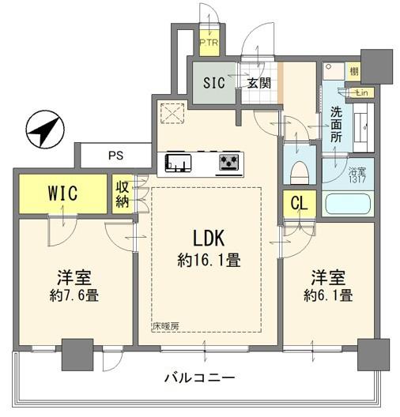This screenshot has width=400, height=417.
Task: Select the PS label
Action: pyautogui.click(x=115, y=156)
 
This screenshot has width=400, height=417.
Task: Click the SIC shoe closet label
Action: pyautogui.click(x=213, y=83)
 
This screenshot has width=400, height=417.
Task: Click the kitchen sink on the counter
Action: pyautogui.click(x=178, y=164)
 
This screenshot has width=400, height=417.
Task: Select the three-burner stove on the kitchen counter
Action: pyautogui.click(x=230, y=163)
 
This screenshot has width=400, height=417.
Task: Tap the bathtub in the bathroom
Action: pyautogui.click(x=347, y=205)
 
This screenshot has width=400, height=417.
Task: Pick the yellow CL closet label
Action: pyautogui.click(x=299, y=203)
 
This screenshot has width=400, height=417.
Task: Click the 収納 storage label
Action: pyautogui.click(x=123, y=193)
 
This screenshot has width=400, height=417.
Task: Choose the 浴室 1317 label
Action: pyautogui.click(x=357, y=173)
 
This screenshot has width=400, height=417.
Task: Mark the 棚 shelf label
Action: pyautogui.click(x=353, y=73)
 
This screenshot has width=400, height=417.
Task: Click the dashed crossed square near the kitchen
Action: pyautogui.click(x=172, y=114)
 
